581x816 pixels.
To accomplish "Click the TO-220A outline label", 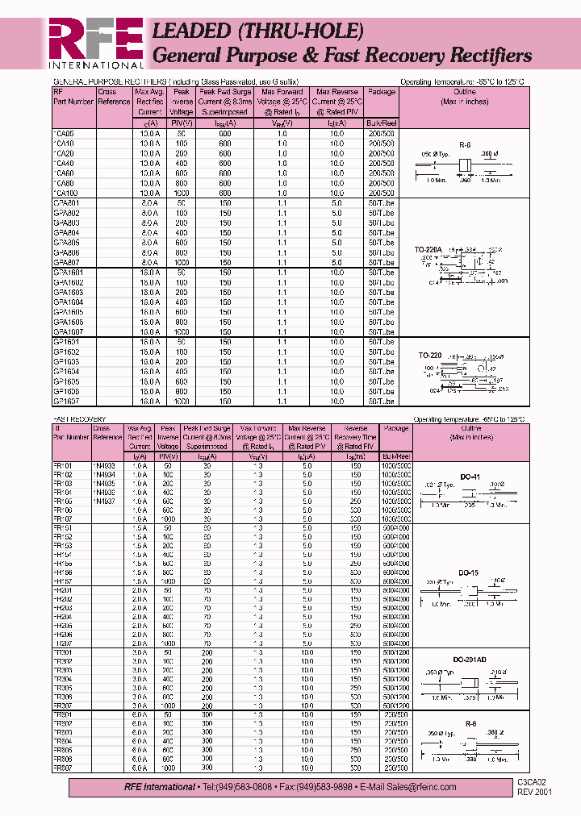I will [428, 250].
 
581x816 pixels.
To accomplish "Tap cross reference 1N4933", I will [105, 466].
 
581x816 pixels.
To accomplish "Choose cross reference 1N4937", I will [105, 502].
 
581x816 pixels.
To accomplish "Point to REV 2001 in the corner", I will [537, 793].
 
